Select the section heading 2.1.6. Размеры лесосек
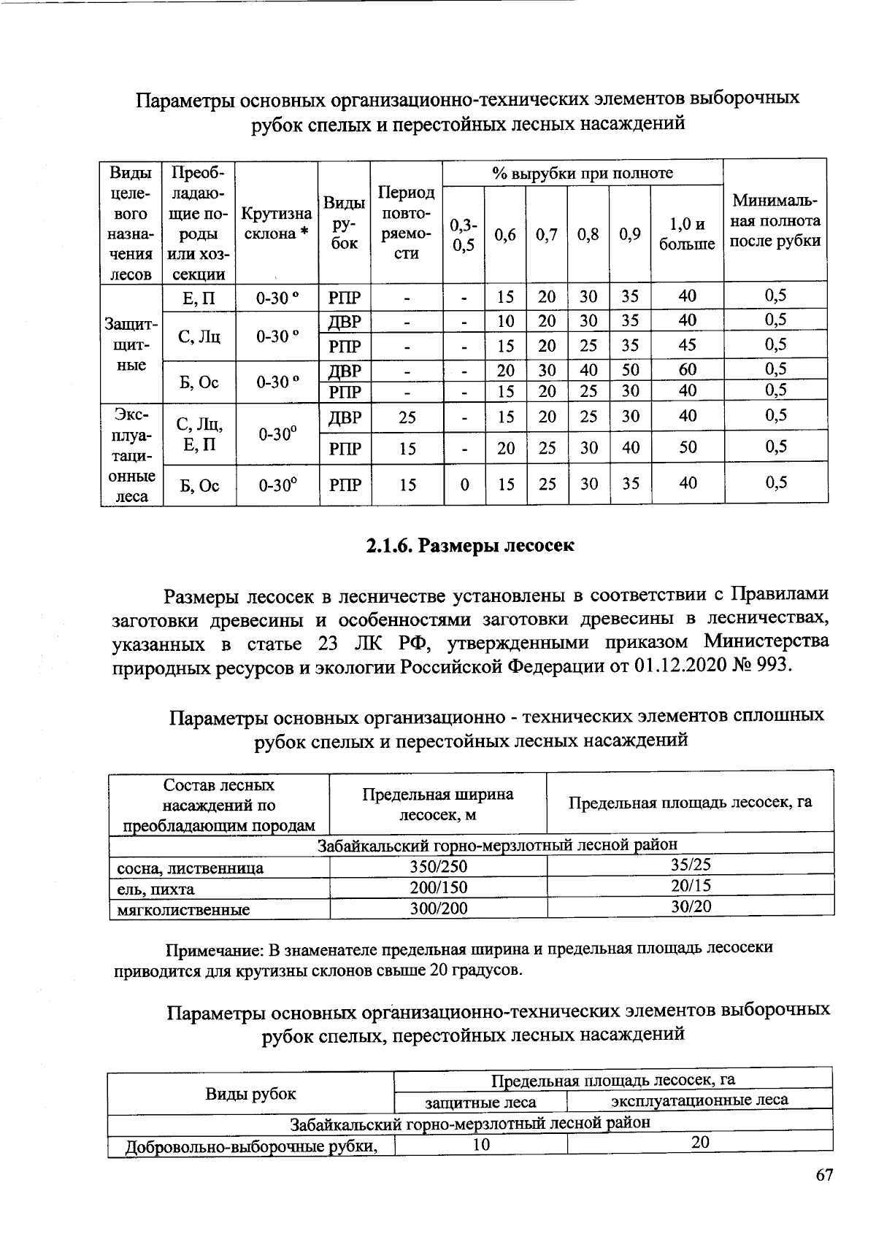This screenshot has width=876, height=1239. click(469, 545)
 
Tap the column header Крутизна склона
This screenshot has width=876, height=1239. click(277, 224)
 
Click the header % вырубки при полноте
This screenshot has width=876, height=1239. click(582, 173)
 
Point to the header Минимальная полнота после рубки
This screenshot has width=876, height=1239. click(776, 220)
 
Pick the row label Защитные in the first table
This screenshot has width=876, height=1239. click(131, 343)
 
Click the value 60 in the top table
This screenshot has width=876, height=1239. click(687, 370)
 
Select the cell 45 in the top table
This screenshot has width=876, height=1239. click(687, 344)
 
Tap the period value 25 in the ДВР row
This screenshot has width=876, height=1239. click(407, 417)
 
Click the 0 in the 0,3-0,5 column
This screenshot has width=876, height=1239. click(464, 484)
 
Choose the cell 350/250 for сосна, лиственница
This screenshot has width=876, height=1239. click(438, 867)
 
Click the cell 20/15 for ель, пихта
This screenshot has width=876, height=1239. click(691, 885)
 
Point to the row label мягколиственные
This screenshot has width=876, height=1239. click(184, 909)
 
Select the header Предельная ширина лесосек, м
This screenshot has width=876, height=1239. click(438, 803)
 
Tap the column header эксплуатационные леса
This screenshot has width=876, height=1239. click(699, 1100)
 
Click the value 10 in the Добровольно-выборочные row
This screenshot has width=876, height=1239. click(480, 1145)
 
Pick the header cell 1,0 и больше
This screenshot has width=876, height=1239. click(687, 234)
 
